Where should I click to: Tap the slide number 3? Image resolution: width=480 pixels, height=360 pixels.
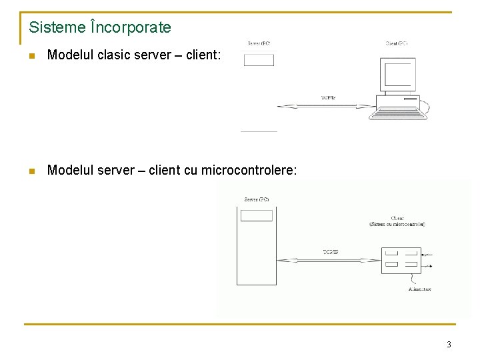449,345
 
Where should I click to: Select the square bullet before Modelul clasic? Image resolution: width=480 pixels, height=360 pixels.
31,57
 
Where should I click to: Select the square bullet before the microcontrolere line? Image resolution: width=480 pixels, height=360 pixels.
31,171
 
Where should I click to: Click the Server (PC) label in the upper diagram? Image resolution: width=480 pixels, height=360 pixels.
259,44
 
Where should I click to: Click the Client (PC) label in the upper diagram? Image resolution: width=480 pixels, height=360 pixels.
397,44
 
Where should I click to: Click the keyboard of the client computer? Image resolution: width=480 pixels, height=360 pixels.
399,113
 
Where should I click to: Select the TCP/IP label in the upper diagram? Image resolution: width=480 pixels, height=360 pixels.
328,98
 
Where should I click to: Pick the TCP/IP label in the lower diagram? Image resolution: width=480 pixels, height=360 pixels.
331,252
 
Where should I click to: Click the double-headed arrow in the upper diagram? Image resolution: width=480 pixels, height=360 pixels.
327,105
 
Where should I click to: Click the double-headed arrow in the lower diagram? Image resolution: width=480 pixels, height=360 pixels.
329,260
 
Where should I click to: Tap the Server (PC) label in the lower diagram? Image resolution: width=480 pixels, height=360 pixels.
257,199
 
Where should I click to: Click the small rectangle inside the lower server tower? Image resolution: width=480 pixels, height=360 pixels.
257,215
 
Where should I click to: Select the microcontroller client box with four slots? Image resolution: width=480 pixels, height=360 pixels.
401,260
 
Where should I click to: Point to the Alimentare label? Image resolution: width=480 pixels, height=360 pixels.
420,289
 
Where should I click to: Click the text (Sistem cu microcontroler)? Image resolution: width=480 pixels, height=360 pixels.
397,225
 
